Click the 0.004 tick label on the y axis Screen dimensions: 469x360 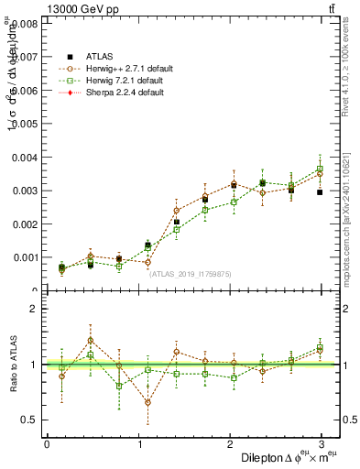tap(24, 157)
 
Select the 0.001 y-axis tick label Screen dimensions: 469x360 tap(24, 257)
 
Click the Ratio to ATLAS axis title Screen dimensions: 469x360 tap(11, 364)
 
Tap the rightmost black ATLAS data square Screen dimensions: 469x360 tap(320, 192)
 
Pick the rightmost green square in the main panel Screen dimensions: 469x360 tap(320, 169)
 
